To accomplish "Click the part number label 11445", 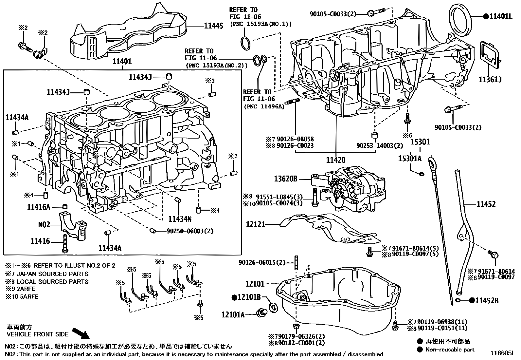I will click(213, 26).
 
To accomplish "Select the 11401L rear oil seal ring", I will click(460, 20).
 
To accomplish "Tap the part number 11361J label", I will click(490, 79).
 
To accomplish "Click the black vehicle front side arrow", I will click(80, 333).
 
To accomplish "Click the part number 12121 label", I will click(256, 224).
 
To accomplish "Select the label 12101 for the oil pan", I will click(255, 284).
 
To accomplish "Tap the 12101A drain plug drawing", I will click(262, 312).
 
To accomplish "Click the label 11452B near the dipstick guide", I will click(487, 300).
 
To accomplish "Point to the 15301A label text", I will click(410, 159).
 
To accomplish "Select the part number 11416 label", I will click(40, 241).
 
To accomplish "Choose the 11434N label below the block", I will click(180, 218).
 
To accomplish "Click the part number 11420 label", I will click(335, 160).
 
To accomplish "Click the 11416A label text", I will click(38, 207).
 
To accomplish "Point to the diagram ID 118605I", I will click(502, 353).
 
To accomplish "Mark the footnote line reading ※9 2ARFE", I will click(20, 289).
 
